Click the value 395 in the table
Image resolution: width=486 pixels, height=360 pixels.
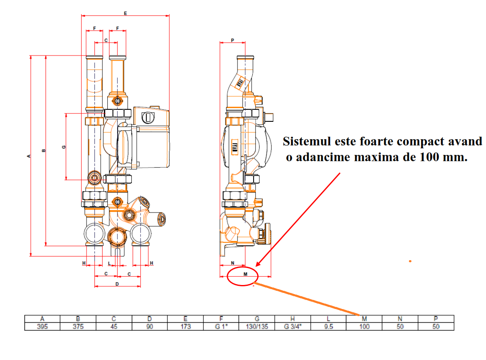(42, 326)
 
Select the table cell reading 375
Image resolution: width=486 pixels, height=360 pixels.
(78, 326)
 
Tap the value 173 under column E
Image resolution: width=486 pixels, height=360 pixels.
(186, 326)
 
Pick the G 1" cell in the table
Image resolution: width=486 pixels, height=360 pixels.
(221, 326)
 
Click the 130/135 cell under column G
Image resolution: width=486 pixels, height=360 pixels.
(257, 326)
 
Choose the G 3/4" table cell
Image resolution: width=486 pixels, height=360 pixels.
(293, 326)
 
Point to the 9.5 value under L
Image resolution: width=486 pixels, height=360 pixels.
(329, 326)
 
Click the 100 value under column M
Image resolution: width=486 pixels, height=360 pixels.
(364, 326)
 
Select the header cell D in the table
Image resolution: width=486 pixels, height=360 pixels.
(150, 319)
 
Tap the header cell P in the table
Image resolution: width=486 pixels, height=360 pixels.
(436, 319)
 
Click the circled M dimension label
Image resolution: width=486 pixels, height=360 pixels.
(245, 274)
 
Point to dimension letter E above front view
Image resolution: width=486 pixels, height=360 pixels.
(126, 13)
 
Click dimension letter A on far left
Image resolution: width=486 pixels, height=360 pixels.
(29, 156)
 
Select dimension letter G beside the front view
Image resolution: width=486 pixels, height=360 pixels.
(64, 147)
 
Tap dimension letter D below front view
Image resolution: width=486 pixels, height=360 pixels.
(117, 284)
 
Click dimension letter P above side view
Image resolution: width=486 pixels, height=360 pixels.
(232, 40)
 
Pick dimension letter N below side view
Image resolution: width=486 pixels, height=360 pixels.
(233, 263)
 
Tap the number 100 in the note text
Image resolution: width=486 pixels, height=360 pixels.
(429, 157)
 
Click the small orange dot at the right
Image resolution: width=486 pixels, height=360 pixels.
(410, 261)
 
